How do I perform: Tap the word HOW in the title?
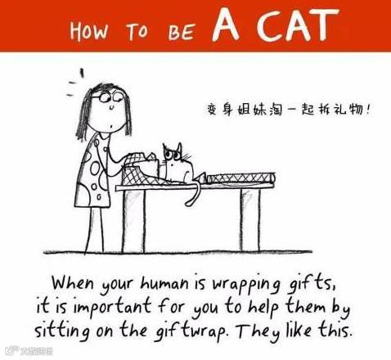tap(88, 30)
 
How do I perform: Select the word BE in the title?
tap(182, 32)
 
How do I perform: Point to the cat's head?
tap(174, 154)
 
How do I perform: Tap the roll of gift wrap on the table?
tap(240, 178)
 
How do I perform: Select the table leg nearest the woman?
tap(133, 220)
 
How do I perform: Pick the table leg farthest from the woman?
tap(249, 219)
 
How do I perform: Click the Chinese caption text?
tap(289, 110)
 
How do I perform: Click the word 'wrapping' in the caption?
tap(246, 285)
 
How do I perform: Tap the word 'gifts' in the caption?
tap(312, 284)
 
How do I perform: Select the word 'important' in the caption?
tap(112, 307)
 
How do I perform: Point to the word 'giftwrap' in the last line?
tap(191, 331)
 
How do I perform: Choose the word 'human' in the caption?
tap(164, 284)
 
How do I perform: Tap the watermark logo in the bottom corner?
tap(29, 351)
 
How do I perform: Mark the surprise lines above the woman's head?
tap(75, 83)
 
